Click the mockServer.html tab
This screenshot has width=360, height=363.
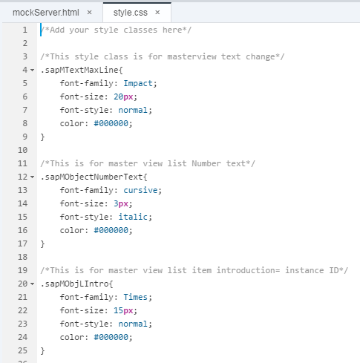click(46, 13)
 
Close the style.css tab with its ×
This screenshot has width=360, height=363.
click(157, 12)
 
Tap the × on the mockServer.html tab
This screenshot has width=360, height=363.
click(90, 12)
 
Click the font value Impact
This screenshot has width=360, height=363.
click(138, 83)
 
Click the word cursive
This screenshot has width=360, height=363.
click(140, 190)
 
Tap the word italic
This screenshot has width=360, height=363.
click(133, 217)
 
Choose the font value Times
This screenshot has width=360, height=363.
click(135, 297)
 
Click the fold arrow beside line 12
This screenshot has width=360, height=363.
click(33, 177)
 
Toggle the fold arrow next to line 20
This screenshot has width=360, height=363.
click(33, 284)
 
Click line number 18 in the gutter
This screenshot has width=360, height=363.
click(22, 257)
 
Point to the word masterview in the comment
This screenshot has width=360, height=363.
click(192, 56)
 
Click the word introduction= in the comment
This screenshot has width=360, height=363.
click(248, 270)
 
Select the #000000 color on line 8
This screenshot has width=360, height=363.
click(111, 123)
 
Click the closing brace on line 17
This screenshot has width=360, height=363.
click(42, 243)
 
